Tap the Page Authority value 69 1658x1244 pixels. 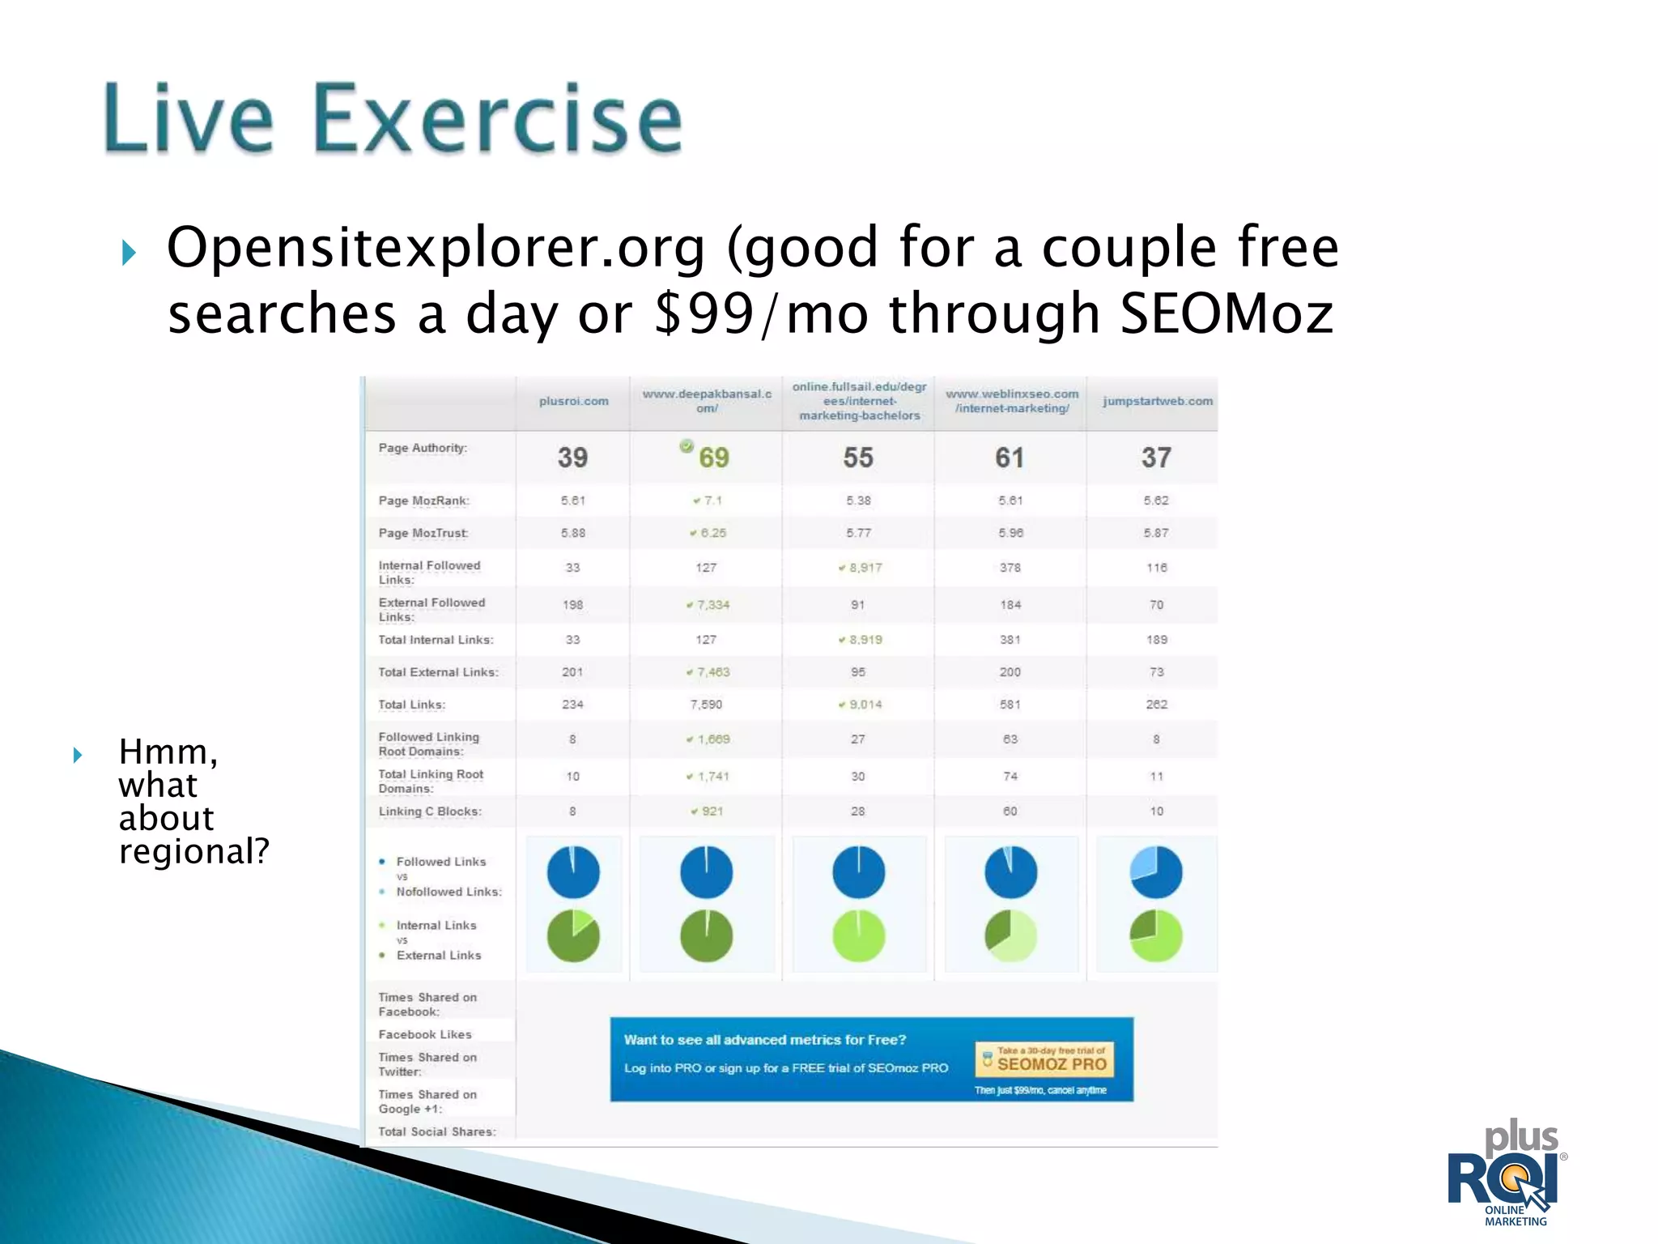coord(713,458)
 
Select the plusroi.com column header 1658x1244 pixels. coord(573,401)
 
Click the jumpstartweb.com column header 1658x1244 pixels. coord(1157,401)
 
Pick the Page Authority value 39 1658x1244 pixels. coord(572,458)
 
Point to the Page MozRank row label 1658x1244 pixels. coord(423,501)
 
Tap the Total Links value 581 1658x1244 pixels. coord(1010,705)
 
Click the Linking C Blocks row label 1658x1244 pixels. coord(429,812)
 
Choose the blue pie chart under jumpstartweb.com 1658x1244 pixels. coord(1156,872)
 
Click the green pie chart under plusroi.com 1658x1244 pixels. coord(573,936)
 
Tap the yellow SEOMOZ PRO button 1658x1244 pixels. coord(1044,1060)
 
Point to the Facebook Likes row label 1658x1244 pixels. coord(424,1034)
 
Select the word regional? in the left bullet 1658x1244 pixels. coord(193,851)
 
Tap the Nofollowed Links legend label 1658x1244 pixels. coord(449,892)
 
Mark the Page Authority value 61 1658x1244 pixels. coord(1010,458)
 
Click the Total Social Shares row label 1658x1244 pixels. coord(436,1131)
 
